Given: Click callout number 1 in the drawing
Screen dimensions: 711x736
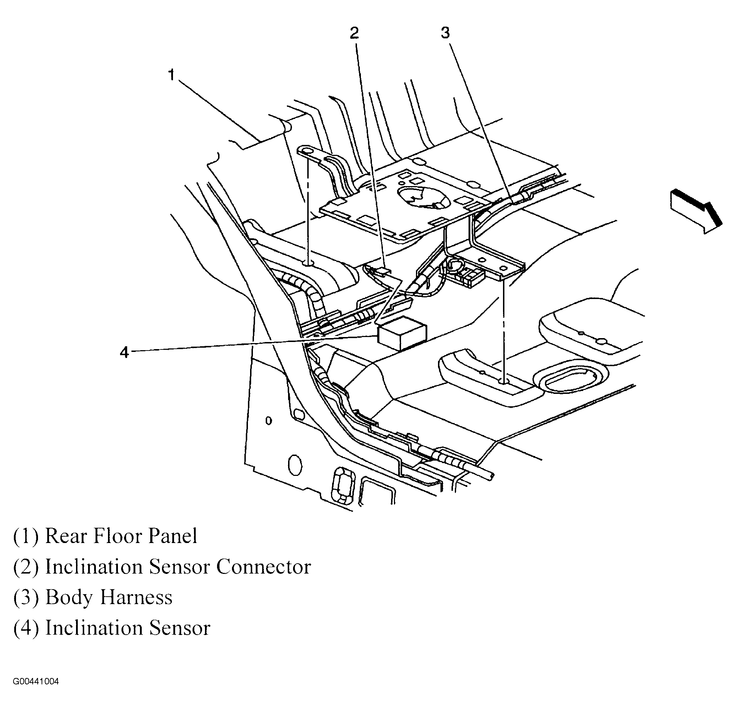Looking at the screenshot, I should coord(172,75).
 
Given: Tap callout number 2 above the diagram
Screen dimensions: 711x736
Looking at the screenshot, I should coord(354,33).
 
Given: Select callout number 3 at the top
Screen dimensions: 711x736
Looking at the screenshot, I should coord(445,33).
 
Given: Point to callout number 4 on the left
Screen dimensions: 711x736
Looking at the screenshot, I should coord(124,353).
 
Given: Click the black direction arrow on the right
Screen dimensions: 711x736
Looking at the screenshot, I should coord(696,211).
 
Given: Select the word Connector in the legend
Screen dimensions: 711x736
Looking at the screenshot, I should coord(264,567).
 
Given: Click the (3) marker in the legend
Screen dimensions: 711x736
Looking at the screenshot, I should coord(26,598).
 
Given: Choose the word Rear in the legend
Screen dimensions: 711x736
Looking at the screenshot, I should coord(66,536).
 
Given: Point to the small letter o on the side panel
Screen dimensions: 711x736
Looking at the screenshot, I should coord(269,421).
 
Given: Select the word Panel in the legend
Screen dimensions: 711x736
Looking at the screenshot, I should coord(172,536).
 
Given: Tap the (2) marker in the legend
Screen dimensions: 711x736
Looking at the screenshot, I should coord(26,567).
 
